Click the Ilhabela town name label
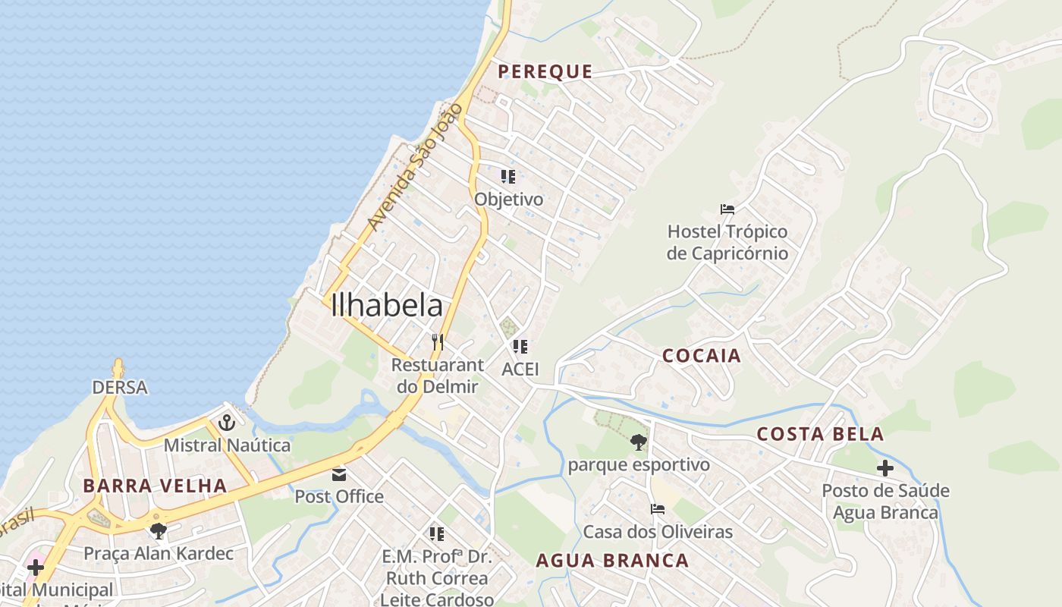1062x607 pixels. [x=387, y=305]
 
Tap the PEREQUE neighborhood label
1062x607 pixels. [x=545, y=72]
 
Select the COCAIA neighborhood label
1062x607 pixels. [x=701, y=356]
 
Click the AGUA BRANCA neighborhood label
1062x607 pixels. [x=612, y=561]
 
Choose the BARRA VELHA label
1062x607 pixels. [x=155, y=486]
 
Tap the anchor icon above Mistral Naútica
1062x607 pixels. [x=226, y=423]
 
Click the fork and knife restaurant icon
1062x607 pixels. [x=437, y=342]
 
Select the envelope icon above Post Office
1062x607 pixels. [x=338, y=474]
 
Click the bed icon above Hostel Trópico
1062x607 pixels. [x=727, y=209]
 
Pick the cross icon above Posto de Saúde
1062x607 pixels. [x=884, y=468]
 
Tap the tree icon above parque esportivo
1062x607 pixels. [x=638, y=442]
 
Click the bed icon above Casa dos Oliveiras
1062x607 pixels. [x=657, y=509]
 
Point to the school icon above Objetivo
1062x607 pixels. [x=508, y=177]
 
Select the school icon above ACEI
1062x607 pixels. [x=520, y=347]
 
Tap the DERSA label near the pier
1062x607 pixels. [x=119, y=387]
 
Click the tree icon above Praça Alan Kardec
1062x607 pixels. [x=158, y=530]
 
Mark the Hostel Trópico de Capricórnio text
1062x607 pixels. [x=727, y=242]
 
